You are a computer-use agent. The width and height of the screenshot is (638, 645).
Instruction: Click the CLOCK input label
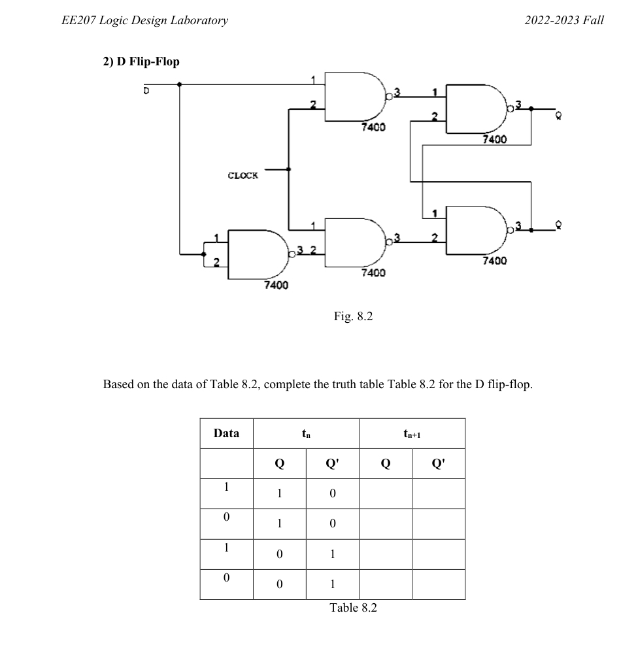coord(243,175)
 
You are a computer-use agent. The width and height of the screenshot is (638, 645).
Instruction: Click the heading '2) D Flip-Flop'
coord(141,61)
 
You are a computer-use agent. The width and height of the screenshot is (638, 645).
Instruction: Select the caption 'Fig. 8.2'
coord(353,317)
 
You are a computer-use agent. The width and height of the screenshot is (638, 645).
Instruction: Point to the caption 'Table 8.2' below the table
coord(353,608)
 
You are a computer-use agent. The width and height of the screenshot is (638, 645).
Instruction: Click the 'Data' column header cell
coord(226,433)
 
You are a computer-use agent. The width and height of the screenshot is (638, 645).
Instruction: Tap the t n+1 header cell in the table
coord(412,433)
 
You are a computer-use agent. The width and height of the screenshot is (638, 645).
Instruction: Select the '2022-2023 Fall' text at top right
coord(564,20)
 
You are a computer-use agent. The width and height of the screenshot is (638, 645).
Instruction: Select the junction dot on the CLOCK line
coord(288,169)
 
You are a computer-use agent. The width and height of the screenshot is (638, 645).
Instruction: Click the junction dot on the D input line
coord(180,84)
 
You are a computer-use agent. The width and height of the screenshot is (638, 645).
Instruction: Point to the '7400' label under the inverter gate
coord(276,285)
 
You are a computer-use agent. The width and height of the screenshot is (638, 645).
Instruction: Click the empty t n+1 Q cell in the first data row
coord(386,493)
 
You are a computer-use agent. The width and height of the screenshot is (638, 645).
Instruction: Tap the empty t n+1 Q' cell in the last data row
coord(439,584)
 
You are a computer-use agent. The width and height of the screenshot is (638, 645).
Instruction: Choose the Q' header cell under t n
coord(332,463)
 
